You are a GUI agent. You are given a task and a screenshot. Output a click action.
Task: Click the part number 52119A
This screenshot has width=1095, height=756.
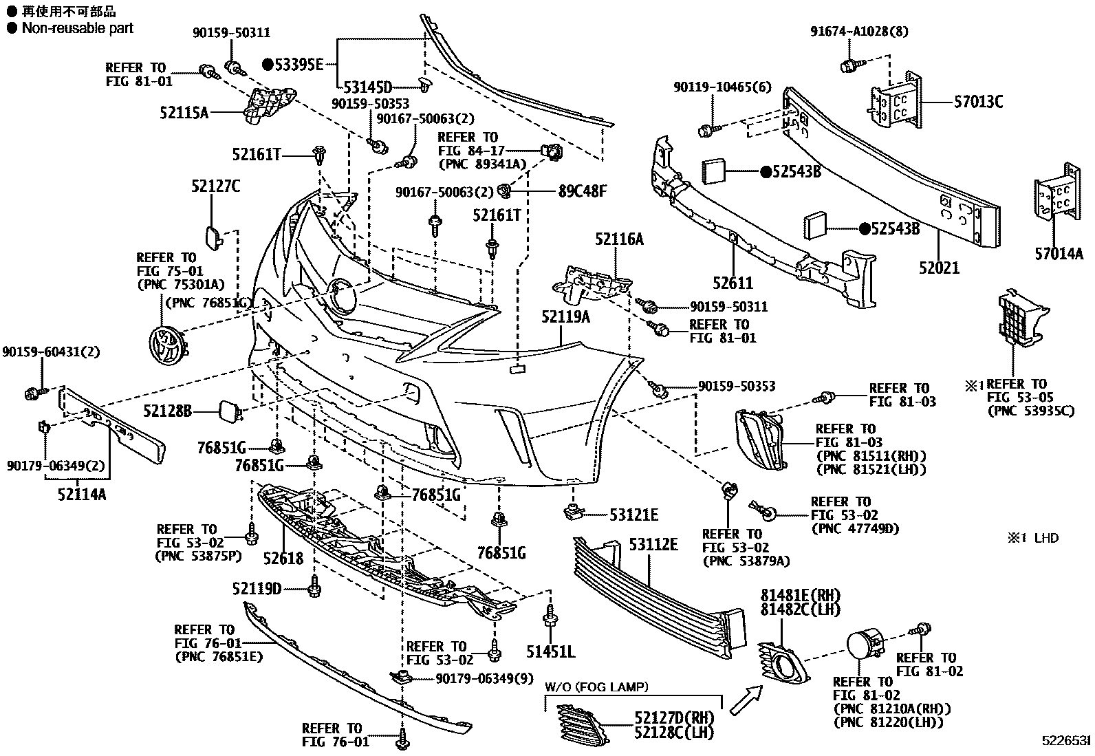click(x=565, y=317)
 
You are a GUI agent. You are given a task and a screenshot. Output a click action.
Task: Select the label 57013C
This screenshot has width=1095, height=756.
click(x=978, y=102)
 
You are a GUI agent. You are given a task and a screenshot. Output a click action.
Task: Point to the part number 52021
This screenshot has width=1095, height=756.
click(x=940, y=268)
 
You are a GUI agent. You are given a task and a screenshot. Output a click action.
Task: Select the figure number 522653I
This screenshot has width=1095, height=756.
click(x=1065, y=740)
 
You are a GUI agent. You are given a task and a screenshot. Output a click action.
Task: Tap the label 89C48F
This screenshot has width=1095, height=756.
click(x=583, y=191)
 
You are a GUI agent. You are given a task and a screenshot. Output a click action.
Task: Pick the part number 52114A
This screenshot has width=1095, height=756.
click(x=81, y=494)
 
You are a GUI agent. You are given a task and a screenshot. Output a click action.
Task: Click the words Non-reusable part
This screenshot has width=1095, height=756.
click(x=77, y=28)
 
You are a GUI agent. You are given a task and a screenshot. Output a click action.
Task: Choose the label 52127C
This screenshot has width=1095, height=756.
click(x=215, y=186)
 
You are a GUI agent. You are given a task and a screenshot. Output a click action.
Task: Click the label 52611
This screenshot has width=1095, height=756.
click(x=733, y=282)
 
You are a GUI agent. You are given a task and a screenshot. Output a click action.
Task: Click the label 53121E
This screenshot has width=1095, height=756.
click(x=633, y=515)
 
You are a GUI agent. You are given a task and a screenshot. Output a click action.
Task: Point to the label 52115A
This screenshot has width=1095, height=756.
click(x=184, y=112)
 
